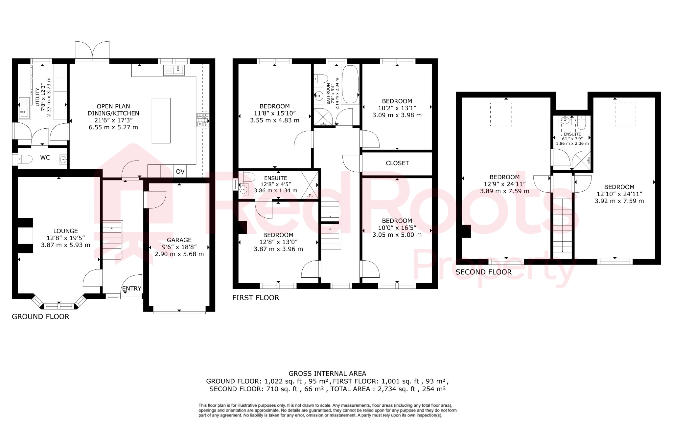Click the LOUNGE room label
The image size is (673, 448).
(65, 231)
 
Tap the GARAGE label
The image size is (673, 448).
(179, 240)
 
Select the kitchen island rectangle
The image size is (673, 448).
(161, 120)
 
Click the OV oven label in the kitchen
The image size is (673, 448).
(180, 172)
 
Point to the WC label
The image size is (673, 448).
(45, 158)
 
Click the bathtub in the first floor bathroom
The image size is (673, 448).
(350, 84)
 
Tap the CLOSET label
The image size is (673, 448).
(397, 163)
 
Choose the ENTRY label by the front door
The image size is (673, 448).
(131, 288)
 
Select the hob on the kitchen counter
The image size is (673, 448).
(203, 120)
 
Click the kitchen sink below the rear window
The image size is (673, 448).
(174, 70)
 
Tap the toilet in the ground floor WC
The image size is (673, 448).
(24, 160)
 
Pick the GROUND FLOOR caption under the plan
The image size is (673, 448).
(41, 317)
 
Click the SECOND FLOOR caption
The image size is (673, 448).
(483, 272)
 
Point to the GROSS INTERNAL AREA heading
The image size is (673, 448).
(327, 373)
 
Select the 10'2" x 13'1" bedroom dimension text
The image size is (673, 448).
(397, 108)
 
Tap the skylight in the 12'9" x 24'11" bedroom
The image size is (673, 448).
(501, 114)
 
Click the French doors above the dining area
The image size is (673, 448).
(92, 51)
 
